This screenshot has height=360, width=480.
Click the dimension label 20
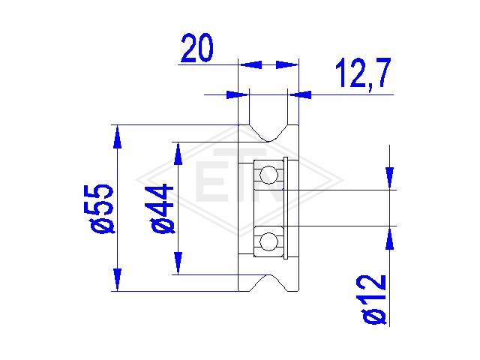(x=196, y=47)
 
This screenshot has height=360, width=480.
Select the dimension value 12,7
(x=363, y=73)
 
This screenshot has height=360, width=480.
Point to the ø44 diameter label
(x=162, y=208)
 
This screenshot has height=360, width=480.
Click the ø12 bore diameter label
(x=374, y=299)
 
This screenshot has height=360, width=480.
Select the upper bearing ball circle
(x=268, y=175)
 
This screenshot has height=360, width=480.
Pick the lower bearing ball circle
(x=268, y=241)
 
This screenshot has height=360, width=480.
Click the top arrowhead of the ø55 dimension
(x=117, y=137)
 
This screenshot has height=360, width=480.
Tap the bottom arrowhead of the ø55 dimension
(x=117, y=279)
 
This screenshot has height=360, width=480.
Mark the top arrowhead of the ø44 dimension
(x=178, y=154)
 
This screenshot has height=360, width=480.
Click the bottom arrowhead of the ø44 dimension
(x=178, y=263)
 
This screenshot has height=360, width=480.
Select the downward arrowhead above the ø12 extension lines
(x=389, y=178)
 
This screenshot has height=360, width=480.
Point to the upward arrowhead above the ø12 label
(x=389, y=238)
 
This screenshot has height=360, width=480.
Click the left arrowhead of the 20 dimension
(x=250, y=64)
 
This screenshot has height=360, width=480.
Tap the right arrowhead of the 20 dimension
(x=286, y=64)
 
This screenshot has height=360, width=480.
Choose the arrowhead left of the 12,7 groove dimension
(x=238, y=95)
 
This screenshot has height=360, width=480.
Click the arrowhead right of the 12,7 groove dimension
(x=300, y=95)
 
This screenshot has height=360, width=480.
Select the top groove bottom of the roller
(x=268, y=133)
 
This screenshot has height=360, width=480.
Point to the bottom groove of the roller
(x=268, y=283)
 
